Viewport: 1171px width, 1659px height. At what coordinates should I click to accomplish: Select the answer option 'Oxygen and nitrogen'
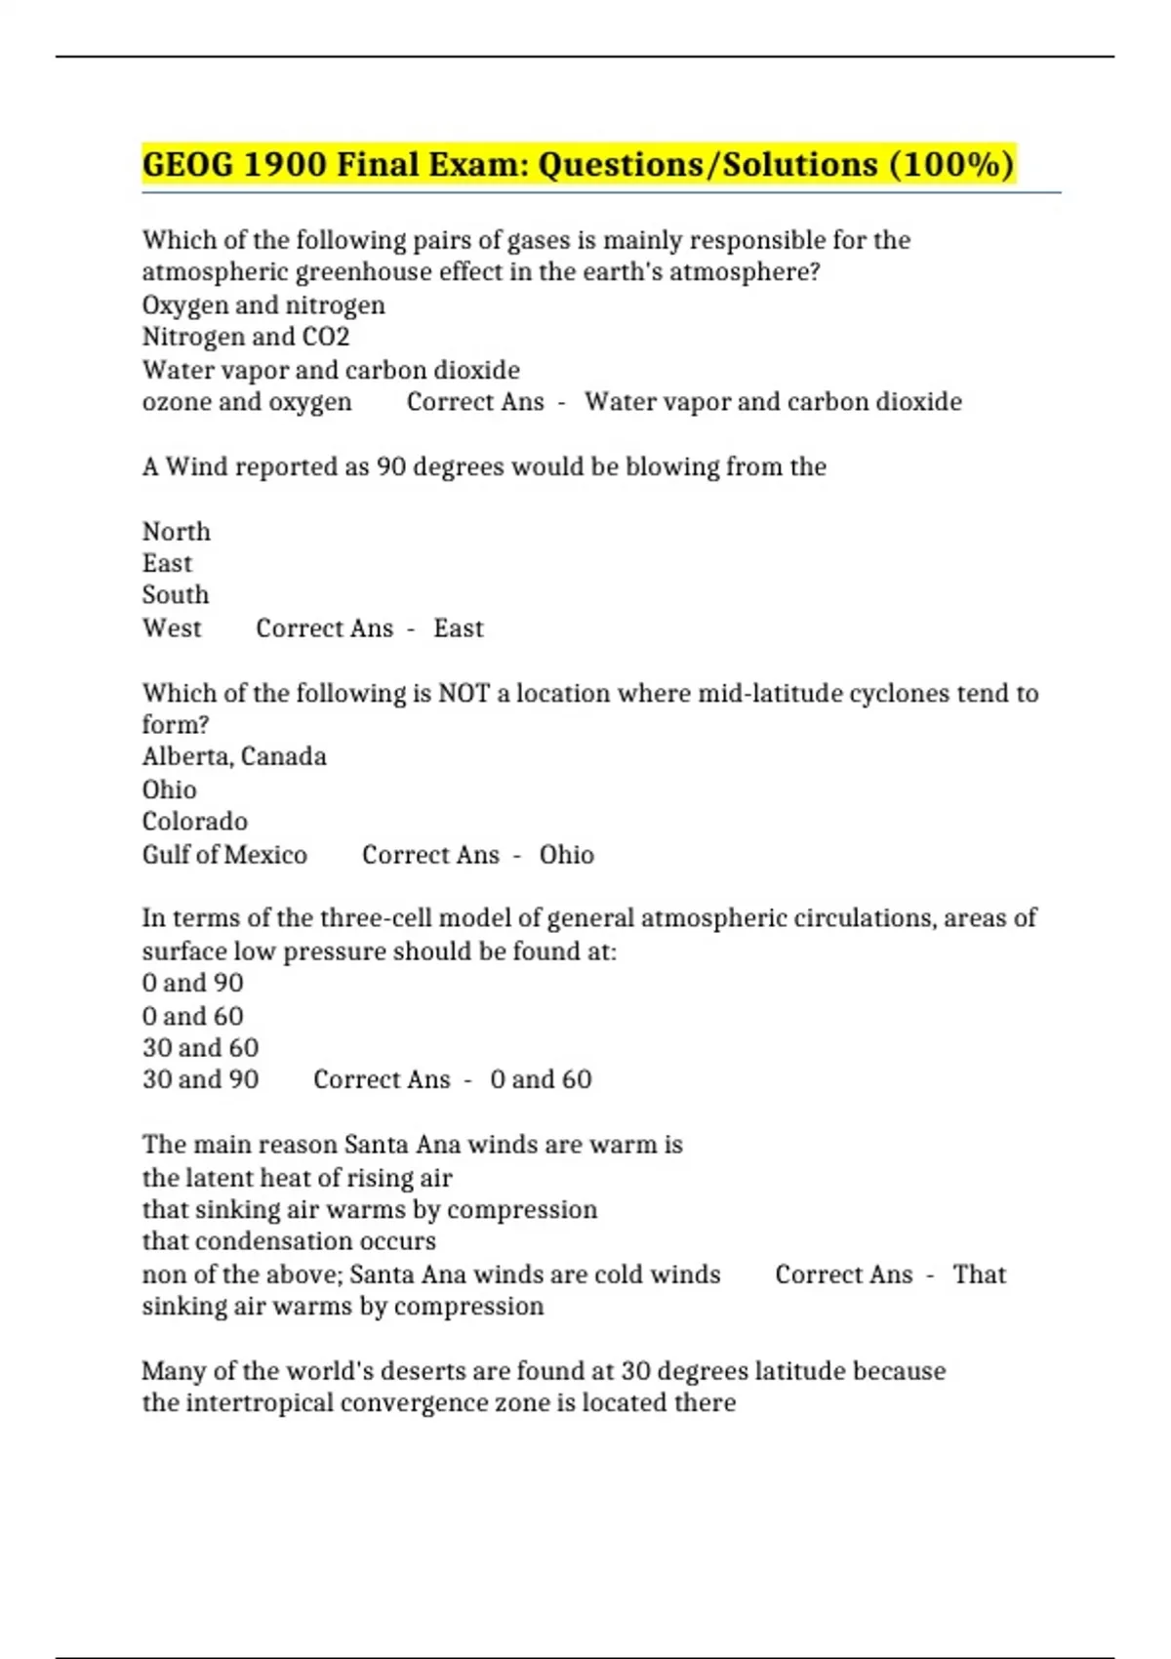263,305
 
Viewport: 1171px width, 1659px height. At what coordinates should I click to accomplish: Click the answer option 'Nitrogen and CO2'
246,338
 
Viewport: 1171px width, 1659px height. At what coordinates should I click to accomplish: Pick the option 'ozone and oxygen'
247,402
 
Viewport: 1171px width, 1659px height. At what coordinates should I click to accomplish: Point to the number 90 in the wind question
390,467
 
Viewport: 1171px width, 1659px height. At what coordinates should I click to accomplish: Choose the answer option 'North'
177,532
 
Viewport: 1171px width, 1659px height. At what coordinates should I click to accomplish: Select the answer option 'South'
176,595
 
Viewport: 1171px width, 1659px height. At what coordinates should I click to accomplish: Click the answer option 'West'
172,628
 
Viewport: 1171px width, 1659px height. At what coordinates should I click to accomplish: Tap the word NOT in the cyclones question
464,694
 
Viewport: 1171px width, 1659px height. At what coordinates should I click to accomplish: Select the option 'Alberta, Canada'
234,757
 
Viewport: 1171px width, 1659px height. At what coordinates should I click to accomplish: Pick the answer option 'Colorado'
195,822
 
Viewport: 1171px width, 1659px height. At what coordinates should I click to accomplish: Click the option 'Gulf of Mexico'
224,855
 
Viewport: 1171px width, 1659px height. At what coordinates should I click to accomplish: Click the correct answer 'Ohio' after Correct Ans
566,855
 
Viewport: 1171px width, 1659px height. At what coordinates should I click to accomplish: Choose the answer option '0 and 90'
193,983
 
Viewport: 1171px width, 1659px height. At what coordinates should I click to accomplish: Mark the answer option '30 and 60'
200,1048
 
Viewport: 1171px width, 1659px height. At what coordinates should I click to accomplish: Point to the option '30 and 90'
200,1080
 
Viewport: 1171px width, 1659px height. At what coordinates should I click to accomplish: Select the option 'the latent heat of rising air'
297,1178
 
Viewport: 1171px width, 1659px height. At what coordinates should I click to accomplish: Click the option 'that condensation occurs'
289,1241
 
